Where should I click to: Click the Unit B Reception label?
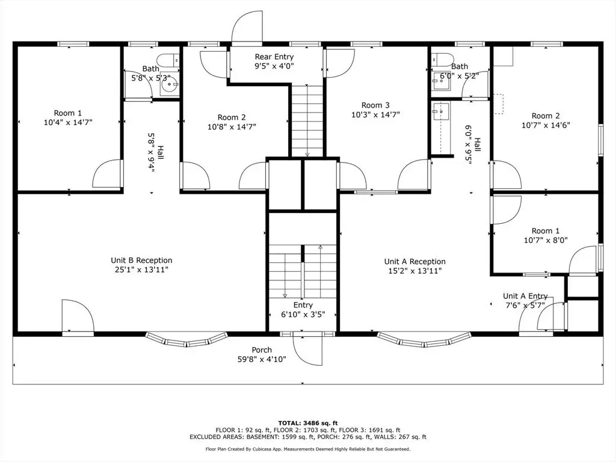141,260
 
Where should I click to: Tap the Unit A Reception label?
415,262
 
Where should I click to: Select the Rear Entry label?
274,57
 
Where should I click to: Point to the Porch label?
262,350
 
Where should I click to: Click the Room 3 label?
375,105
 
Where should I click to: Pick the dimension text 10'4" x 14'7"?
68,123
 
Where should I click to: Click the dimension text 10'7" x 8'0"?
546,241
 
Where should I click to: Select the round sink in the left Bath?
170,84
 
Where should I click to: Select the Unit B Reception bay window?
186,340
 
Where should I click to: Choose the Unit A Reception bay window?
424,340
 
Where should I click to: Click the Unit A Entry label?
525,296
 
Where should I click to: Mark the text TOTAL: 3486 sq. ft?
308,423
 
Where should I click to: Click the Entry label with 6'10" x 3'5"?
303,305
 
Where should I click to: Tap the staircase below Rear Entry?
307,120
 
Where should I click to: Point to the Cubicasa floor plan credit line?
308,449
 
